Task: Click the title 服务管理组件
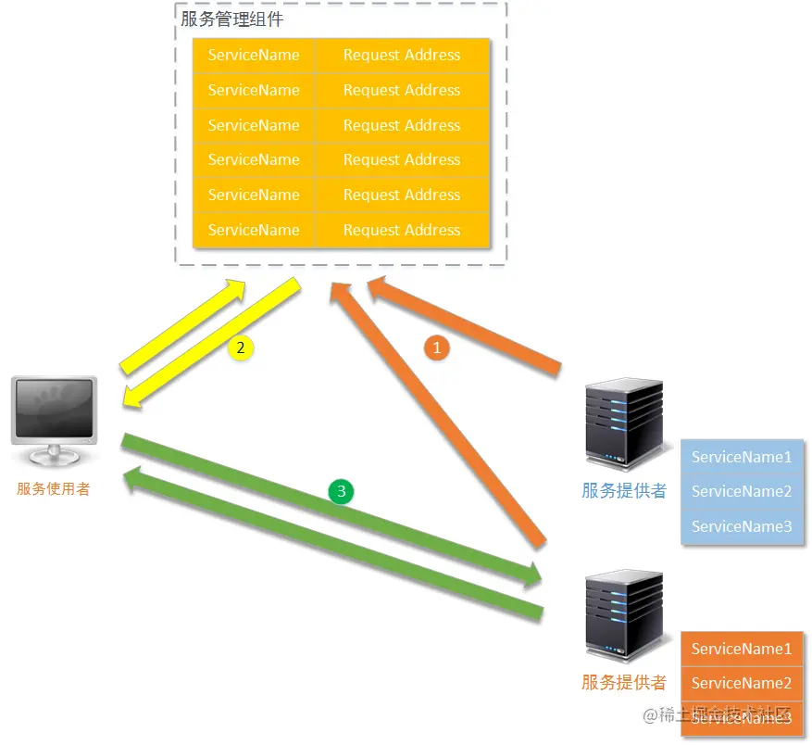pyautogui.click(x=231, y=19)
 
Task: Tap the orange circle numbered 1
pyautogui.click(x=436, y=347)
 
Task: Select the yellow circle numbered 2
pyautogui.click(x=240, y=347)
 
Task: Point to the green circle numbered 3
pyautogui.click(x=341, y=491)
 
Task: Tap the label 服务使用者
pyautogui.click(x=54, y=489)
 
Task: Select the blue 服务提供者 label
pyautogui.click(x=624, y=491)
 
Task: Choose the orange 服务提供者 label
pyautogui.click(x=624, y=683)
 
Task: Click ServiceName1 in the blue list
pyautogui.click(x=742, y=457)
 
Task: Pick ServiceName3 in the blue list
pyautogui.click(x=742, y=526)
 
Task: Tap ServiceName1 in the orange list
pyautogui.click(x=742, y=649)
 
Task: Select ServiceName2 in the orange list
pyautogui.click(x=742, y=683)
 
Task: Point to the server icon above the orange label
pyautogui.click(x=624, y=616)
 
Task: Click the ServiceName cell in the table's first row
pyautogui.click(x=254, y=56)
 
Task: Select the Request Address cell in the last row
pyautogui.click(x=402, y=230)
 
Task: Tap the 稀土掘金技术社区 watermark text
pyautogui.click(x=717, y=714)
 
